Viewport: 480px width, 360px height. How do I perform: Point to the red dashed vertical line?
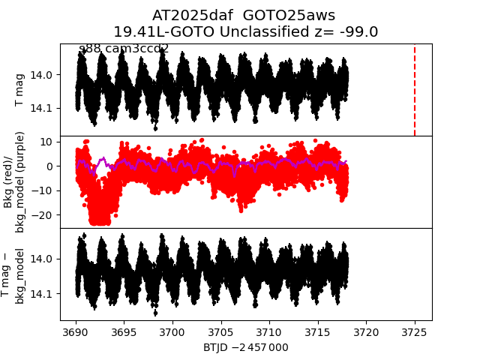415,90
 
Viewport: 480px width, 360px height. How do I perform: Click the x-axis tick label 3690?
76,331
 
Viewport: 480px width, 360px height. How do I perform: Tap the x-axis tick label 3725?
414,331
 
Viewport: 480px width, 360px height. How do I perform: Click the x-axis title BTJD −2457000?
245,347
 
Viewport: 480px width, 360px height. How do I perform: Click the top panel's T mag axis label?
20,90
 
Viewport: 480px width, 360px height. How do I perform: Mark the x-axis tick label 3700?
172,331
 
